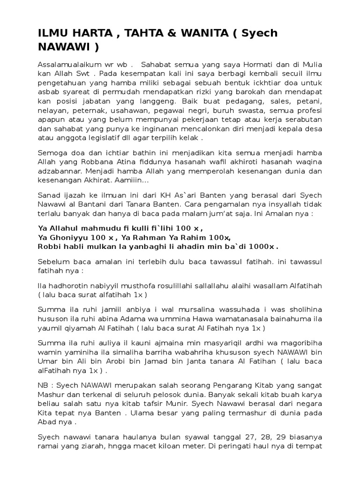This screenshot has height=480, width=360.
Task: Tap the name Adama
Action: click(x=126, y=319)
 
